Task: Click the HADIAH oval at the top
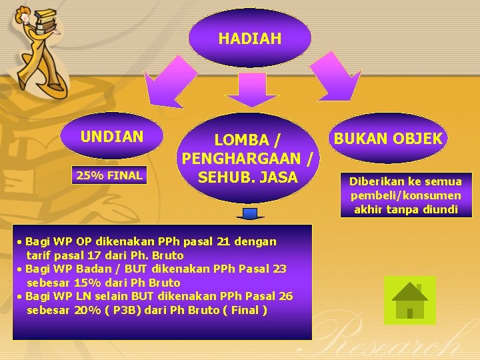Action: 249,39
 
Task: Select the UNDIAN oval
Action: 111,137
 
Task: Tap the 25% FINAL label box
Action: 109,176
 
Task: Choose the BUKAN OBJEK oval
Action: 388,138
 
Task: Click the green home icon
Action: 409,301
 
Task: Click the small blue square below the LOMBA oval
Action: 250,213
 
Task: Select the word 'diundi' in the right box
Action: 441,209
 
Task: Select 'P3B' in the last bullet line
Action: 136,310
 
